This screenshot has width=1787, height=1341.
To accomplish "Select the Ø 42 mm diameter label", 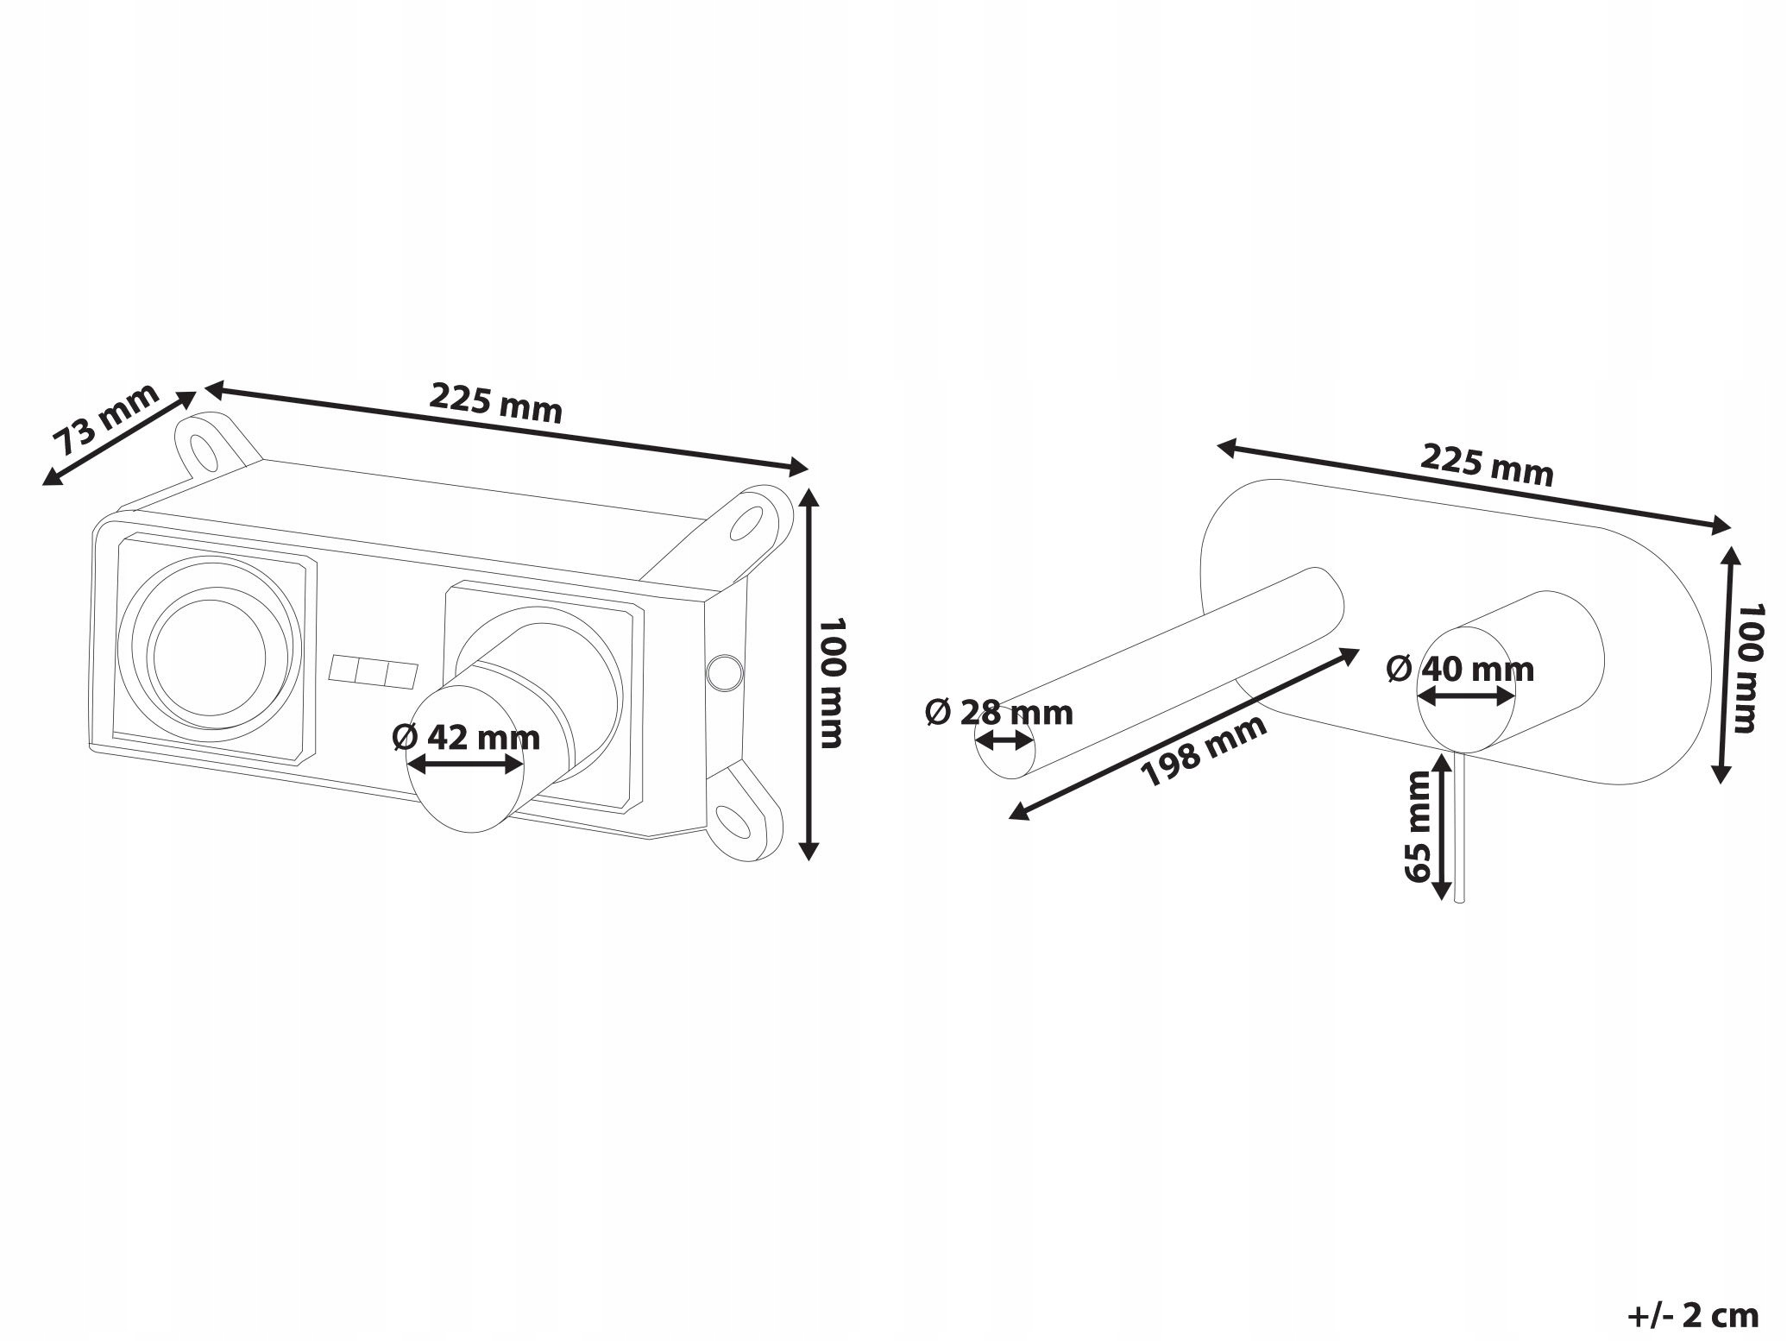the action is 466,738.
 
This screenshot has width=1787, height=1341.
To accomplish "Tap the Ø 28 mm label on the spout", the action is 999,713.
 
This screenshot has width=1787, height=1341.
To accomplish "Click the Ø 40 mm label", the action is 1461,669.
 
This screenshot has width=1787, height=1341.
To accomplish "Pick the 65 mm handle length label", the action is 1418,828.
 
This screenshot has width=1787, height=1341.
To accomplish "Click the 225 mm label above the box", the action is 496,403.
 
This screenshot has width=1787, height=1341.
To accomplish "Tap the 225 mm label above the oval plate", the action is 1487,465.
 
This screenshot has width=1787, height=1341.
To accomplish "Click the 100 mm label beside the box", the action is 830,682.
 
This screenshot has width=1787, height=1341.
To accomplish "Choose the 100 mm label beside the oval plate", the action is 1748,668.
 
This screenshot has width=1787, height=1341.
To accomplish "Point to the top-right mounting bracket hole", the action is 746,523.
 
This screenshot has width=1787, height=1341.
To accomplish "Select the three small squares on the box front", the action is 374,670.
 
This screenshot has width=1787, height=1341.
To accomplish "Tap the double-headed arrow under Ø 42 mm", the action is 466,764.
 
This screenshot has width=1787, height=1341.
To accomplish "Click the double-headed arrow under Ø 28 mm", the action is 1004,740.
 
